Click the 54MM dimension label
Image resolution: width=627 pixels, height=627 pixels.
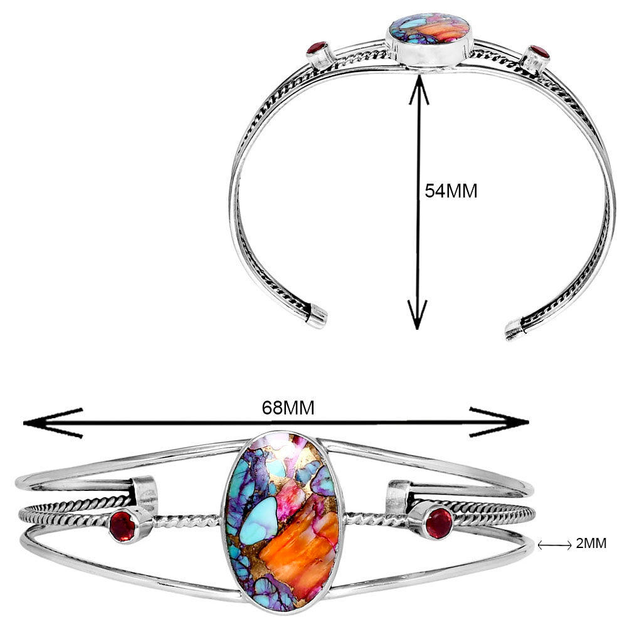click(x=451, y=191)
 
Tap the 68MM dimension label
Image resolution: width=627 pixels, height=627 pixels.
click(x=288, y=408)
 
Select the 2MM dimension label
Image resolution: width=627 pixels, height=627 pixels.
click(x=591, y=544)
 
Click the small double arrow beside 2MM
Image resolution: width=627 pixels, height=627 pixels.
click(x=555, y=545)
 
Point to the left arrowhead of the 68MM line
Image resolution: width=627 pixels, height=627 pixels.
click(x=53, y=423)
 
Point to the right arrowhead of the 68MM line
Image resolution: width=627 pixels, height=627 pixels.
click(x=500, y=422)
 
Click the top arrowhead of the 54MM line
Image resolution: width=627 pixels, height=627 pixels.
click(x=418, y=89)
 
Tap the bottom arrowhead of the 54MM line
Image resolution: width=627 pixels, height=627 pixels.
click(x=418, y=315)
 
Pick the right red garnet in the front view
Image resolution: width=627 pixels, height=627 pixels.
click(x=439, y=523)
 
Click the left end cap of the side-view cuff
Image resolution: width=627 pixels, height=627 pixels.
click(x=318, y=315)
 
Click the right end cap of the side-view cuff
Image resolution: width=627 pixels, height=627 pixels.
click(x=515, y=330)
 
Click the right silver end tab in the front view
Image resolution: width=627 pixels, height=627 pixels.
click(x=398, y=496)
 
